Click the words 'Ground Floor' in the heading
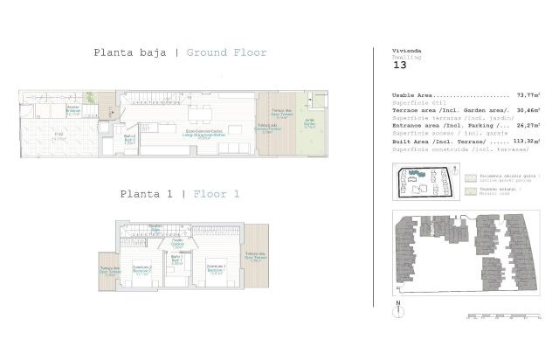[227, 52]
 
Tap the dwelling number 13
[399, 65]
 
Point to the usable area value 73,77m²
[528, 94]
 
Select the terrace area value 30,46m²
[528, 110]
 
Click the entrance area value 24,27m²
[528, 125]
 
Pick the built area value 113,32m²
[525, 140]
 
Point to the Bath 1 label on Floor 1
[176, 259]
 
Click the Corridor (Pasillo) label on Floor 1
[177, 242]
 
